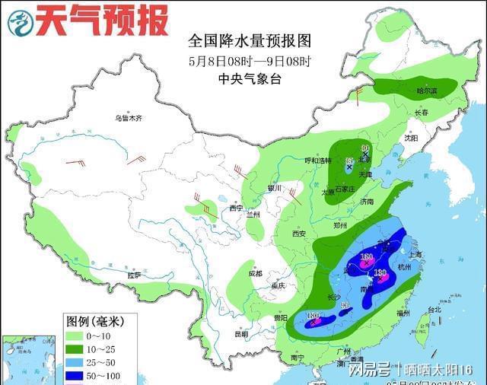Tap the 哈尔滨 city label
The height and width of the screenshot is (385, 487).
click(428, 90)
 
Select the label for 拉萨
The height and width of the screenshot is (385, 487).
click(135, 275)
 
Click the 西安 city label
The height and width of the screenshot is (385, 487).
click(299, 234)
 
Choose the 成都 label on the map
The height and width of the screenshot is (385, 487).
click(253, 272)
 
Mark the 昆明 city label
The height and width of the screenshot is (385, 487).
click(242, 333)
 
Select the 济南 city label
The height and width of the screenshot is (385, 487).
click(368, 202)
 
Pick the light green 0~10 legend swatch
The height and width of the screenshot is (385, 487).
click(78, 336)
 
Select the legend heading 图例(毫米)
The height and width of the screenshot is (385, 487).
click(95, 321)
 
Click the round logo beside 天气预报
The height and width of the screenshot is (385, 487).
click(21, 22)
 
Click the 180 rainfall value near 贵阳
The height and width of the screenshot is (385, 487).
click(312, 316)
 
